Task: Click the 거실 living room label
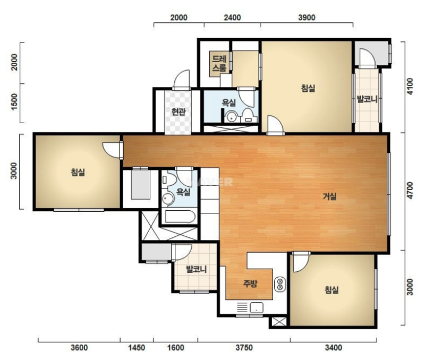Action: pyautogui.click(x=329, y=196)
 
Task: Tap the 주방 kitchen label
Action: pyautogui.click(x=250, y=284)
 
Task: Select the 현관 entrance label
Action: pyautogui.click(x=178, y=112)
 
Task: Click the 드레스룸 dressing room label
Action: pyautogui.click(x=219, y=63)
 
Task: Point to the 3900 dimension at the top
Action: pyautogui.click(x=307, y=18)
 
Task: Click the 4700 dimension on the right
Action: pyautogui.click(x=410, y=190)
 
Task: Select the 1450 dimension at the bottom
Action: pyautogui.click(x=137, y=348)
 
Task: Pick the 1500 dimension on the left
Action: pyautogui.click(x=14, y=101)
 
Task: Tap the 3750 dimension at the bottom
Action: pyautogui.click(x=244, y=348)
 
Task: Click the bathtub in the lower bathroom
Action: pyautogui.click(x=180, y=217)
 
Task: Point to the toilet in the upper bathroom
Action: pyautogui.click(x=247, y=115)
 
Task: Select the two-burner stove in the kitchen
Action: pyautogui.click(x=280, y=284)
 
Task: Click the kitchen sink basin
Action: pyautogui.click(x=257, y=308)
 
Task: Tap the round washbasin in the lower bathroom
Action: pyautogui.click(x=168, y=199)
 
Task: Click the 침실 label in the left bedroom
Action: pyautogui.click(x=78, y=172)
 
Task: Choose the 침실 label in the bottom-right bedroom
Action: pyautogui.click(x=331, y=290)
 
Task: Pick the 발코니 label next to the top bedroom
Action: pyautogui.click(x=367, y=99)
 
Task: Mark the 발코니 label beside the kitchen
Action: pyautogui.click(x=196, y=269)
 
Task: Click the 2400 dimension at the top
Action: pyautogui.click(x=232, y=18)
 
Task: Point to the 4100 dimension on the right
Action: pyautogui.click(x=410, y=86)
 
